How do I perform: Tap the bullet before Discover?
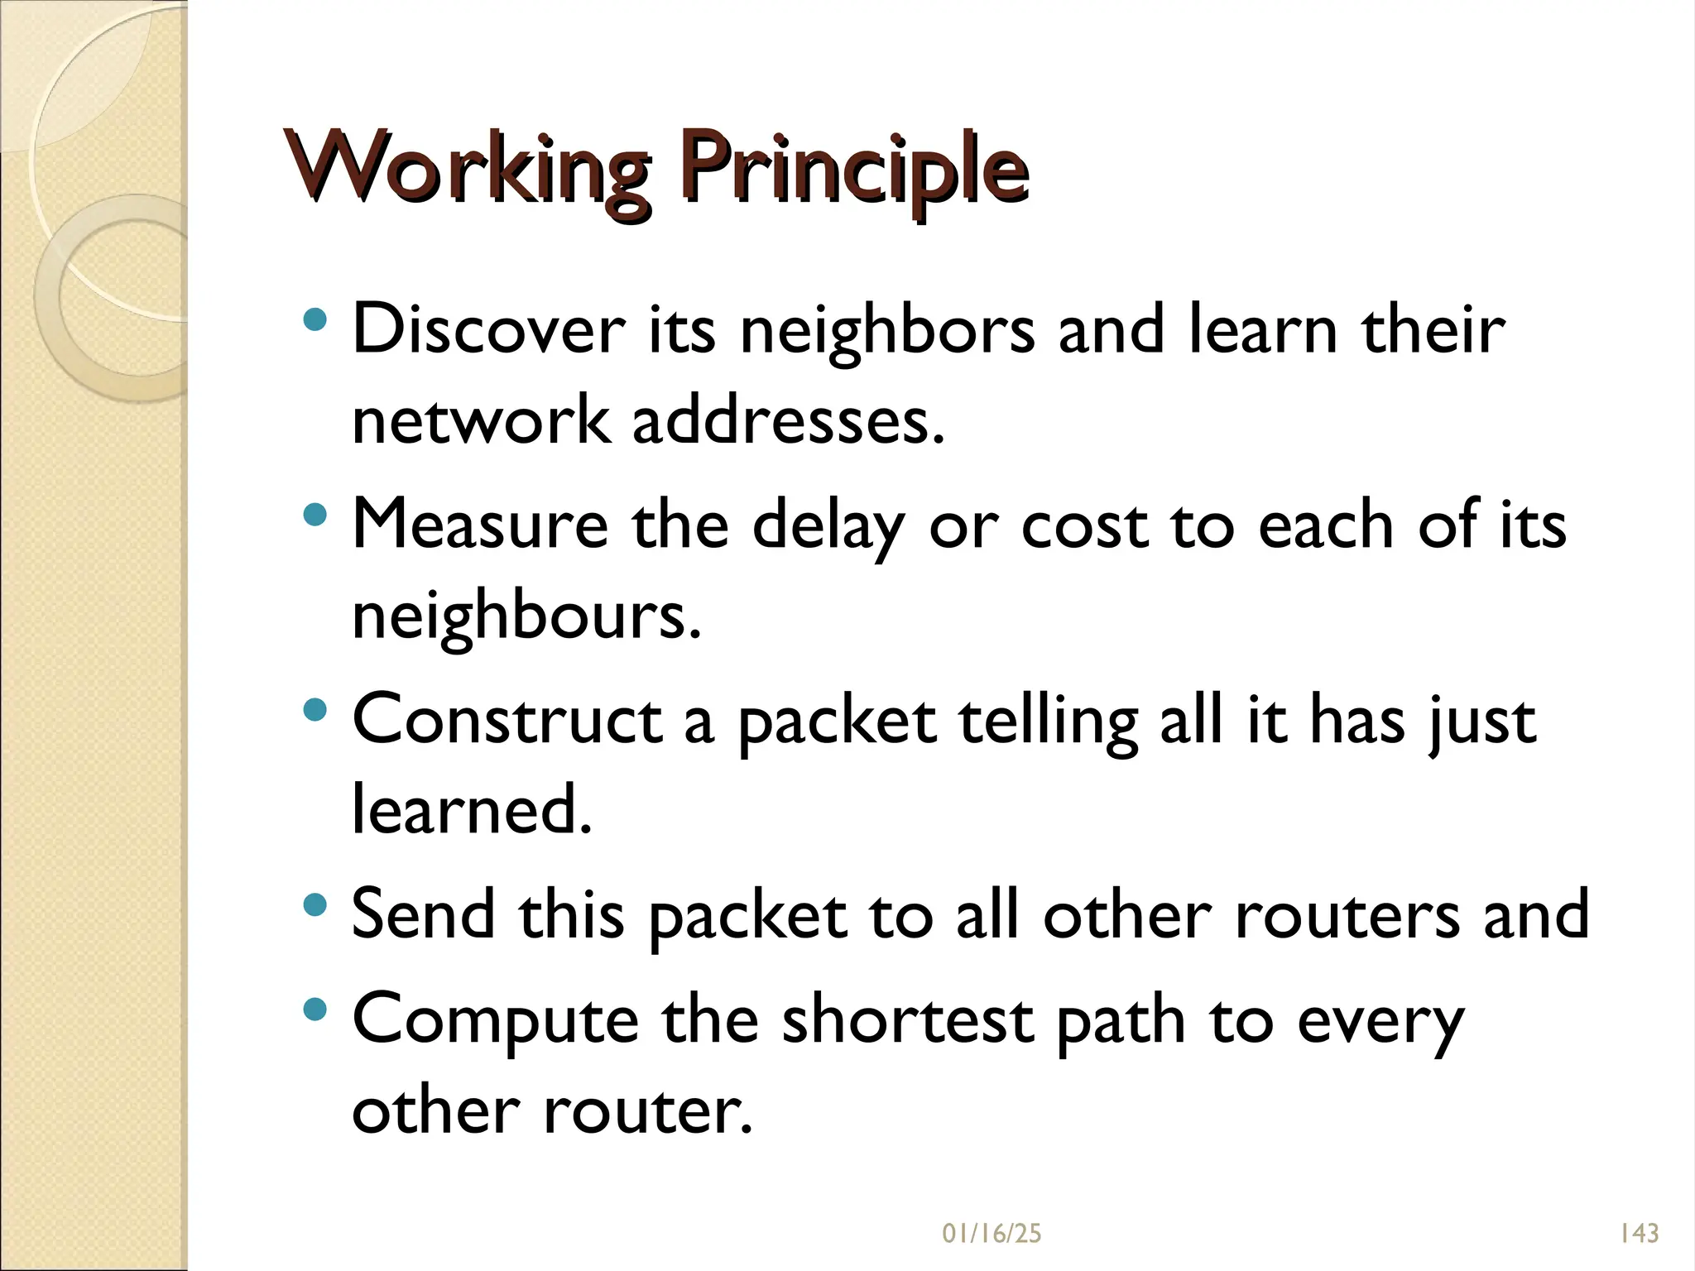[x=315, y=319]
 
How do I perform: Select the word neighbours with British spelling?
[x=526, y=617]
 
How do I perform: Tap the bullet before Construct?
[x=315, y=709]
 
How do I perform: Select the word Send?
[x=423, y=914]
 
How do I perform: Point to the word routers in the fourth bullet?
[x=1347, y=915]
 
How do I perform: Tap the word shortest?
[x=907, y=1019]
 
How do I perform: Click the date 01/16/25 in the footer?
[x=992, y=1234]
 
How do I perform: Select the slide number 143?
[x=1639, y=1234]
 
